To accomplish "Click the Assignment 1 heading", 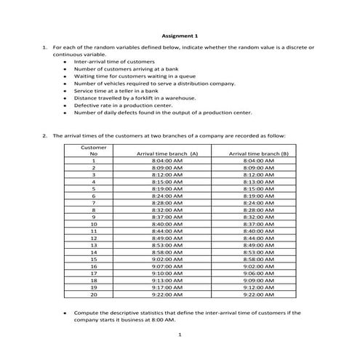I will coord(179,36).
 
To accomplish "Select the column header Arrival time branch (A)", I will coord(167,153).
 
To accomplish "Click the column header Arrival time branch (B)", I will coord(258,153).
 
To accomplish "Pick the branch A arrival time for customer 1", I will coord(167,161).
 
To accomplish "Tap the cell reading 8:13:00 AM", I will coord(258,181).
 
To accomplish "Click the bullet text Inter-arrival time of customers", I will coord(114,61).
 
